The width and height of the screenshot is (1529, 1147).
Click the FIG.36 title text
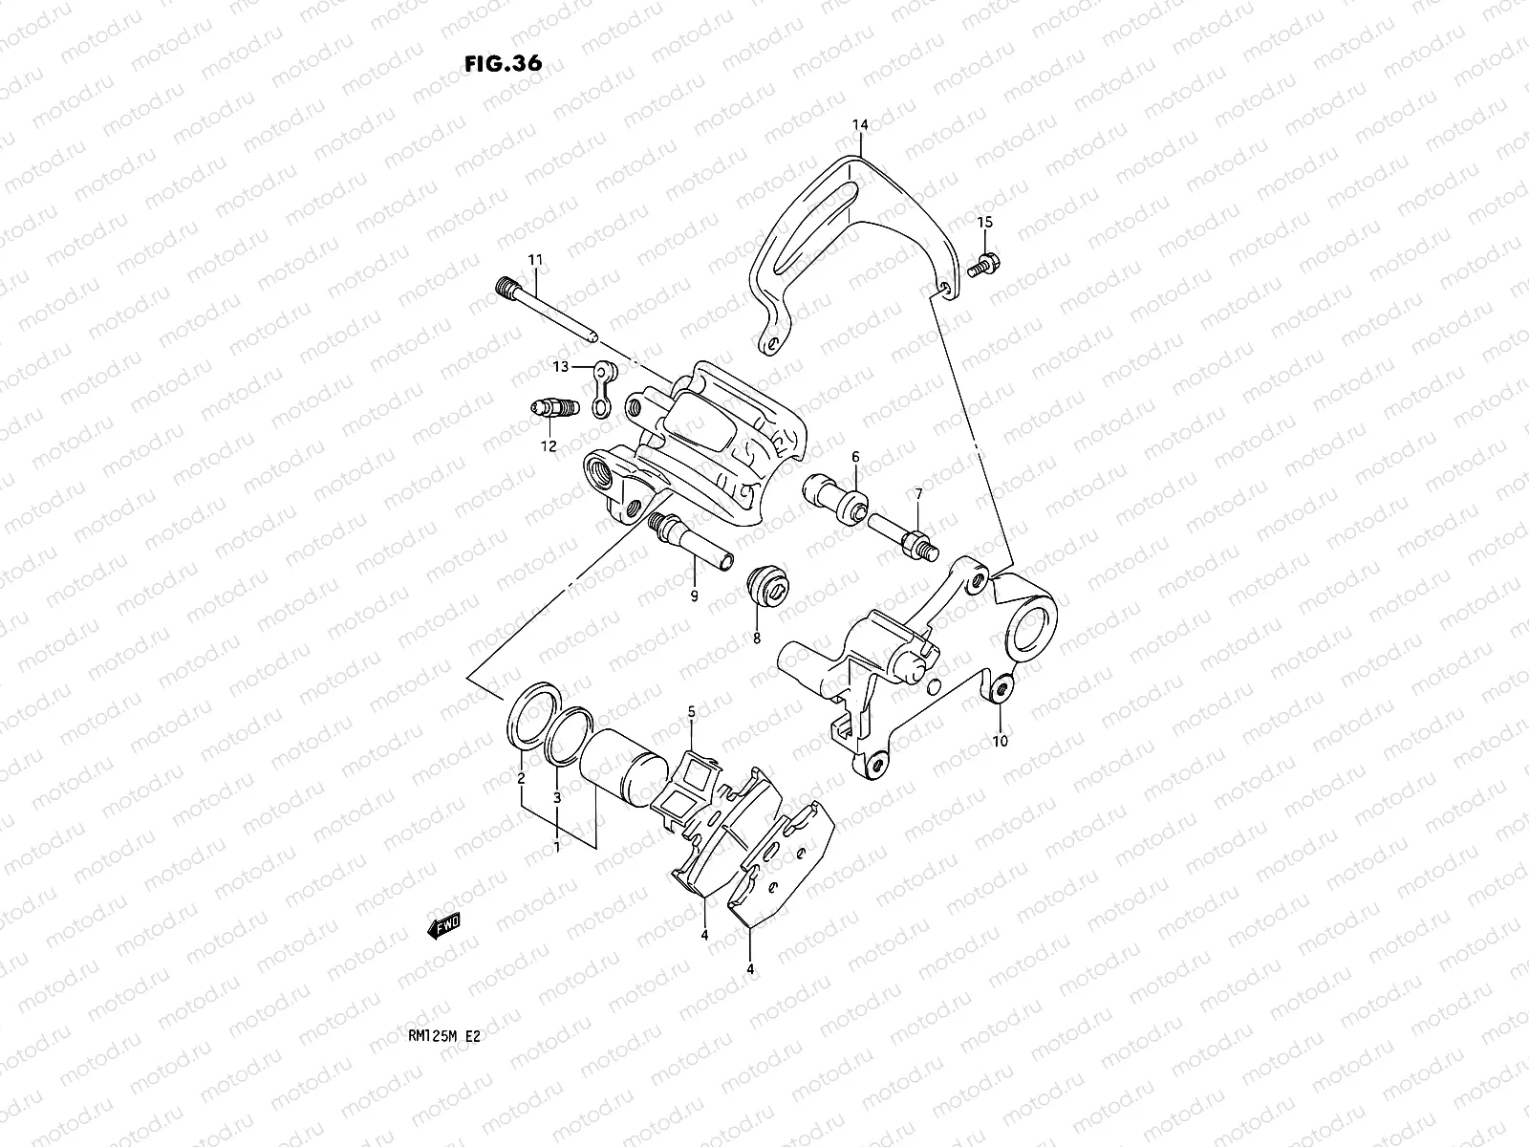503,64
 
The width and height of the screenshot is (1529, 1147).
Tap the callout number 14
860,125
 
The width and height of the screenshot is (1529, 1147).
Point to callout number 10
1000,740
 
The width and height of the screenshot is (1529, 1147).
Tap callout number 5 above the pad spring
692,711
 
